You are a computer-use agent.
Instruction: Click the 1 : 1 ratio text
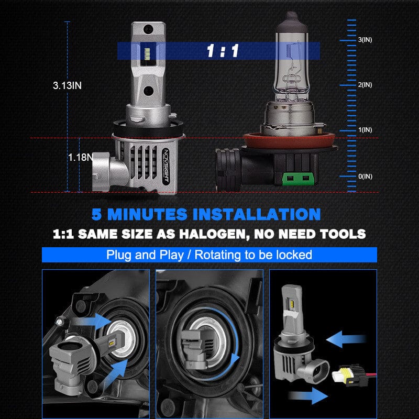click(223, 51)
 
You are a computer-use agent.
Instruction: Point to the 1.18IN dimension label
click(80, 157)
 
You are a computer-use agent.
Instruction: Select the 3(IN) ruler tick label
click(365, 40)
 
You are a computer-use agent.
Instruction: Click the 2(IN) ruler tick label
click(365, 85)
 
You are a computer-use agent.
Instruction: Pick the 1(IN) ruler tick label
click(365, 130)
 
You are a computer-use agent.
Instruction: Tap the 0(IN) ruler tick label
click(365, 176)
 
